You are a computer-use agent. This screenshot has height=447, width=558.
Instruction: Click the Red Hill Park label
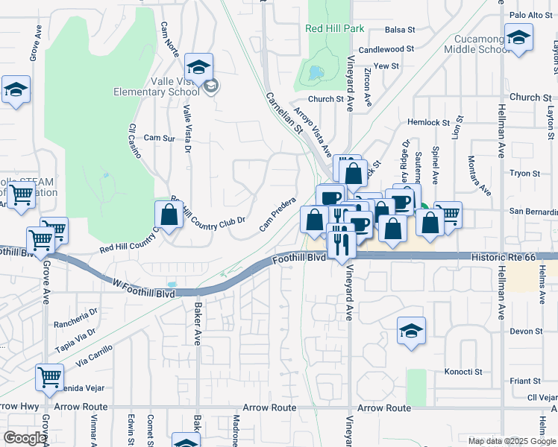point(334,28)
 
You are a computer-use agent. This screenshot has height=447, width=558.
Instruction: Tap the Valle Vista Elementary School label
point(156,86)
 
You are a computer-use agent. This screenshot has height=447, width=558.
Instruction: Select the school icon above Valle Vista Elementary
point(198,66)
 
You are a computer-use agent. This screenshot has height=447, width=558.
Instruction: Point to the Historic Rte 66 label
point(504,256)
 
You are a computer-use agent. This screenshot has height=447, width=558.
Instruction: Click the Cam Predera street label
point(278,214)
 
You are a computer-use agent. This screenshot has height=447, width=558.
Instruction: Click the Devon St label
point(526,332)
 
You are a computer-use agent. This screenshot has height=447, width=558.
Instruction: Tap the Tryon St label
point(524,174)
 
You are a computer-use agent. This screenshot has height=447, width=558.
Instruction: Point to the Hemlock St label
point(428,122)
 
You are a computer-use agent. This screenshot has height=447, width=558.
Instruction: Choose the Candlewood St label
point(386,49)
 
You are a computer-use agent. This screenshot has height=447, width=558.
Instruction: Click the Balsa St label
point(400,30)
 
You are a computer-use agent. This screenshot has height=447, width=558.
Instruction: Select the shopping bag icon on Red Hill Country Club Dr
point(169,215)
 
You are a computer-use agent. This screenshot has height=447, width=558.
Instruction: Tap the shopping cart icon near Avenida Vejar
point(49,376)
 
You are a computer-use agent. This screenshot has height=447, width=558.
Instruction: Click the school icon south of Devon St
point(411,331)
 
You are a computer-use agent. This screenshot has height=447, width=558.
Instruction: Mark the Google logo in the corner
point(25,438)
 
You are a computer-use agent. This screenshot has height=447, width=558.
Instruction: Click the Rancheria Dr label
point(76,324)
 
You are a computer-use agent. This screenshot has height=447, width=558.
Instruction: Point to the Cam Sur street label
point(158,138)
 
